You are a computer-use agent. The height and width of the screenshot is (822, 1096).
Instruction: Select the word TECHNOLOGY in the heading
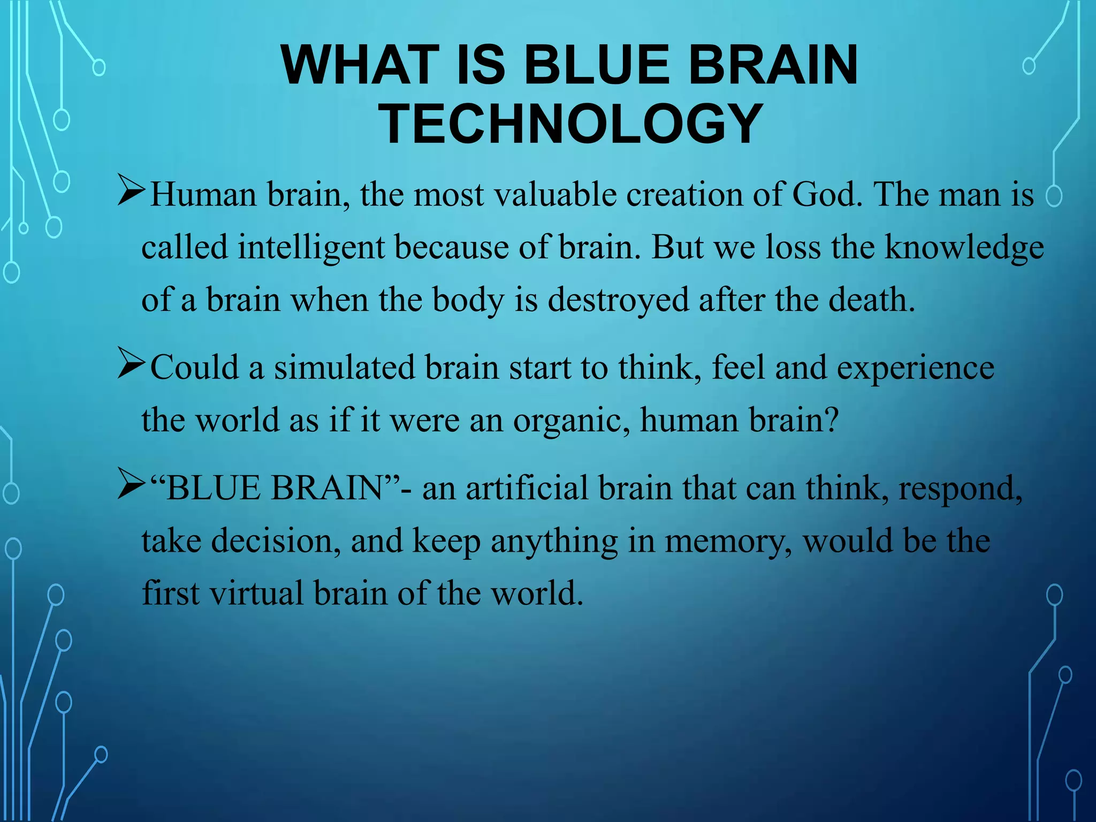pos(570,124)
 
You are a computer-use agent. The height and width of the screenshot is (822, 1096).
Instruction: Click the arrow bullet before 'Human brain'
pos(131,193)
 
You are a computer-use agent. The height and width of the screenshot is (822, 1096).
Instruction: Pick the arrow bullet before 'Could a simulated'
pos(131,367)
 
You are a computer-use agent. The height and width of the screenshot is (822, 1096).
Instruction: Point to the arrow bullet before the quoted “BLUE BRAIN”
pos(131,487)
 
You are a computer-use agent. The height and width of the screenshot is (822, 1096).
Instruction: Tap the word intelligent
pos(311,247)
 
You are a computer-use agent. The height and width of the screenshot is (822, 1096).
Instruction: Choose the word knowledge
pos(964,247)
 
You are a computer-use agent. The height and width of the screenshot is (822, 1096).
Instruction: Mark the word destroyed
pos(618,300)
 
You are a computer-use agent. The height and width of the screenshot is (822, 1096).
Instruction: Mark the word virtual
pos(256,593)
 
